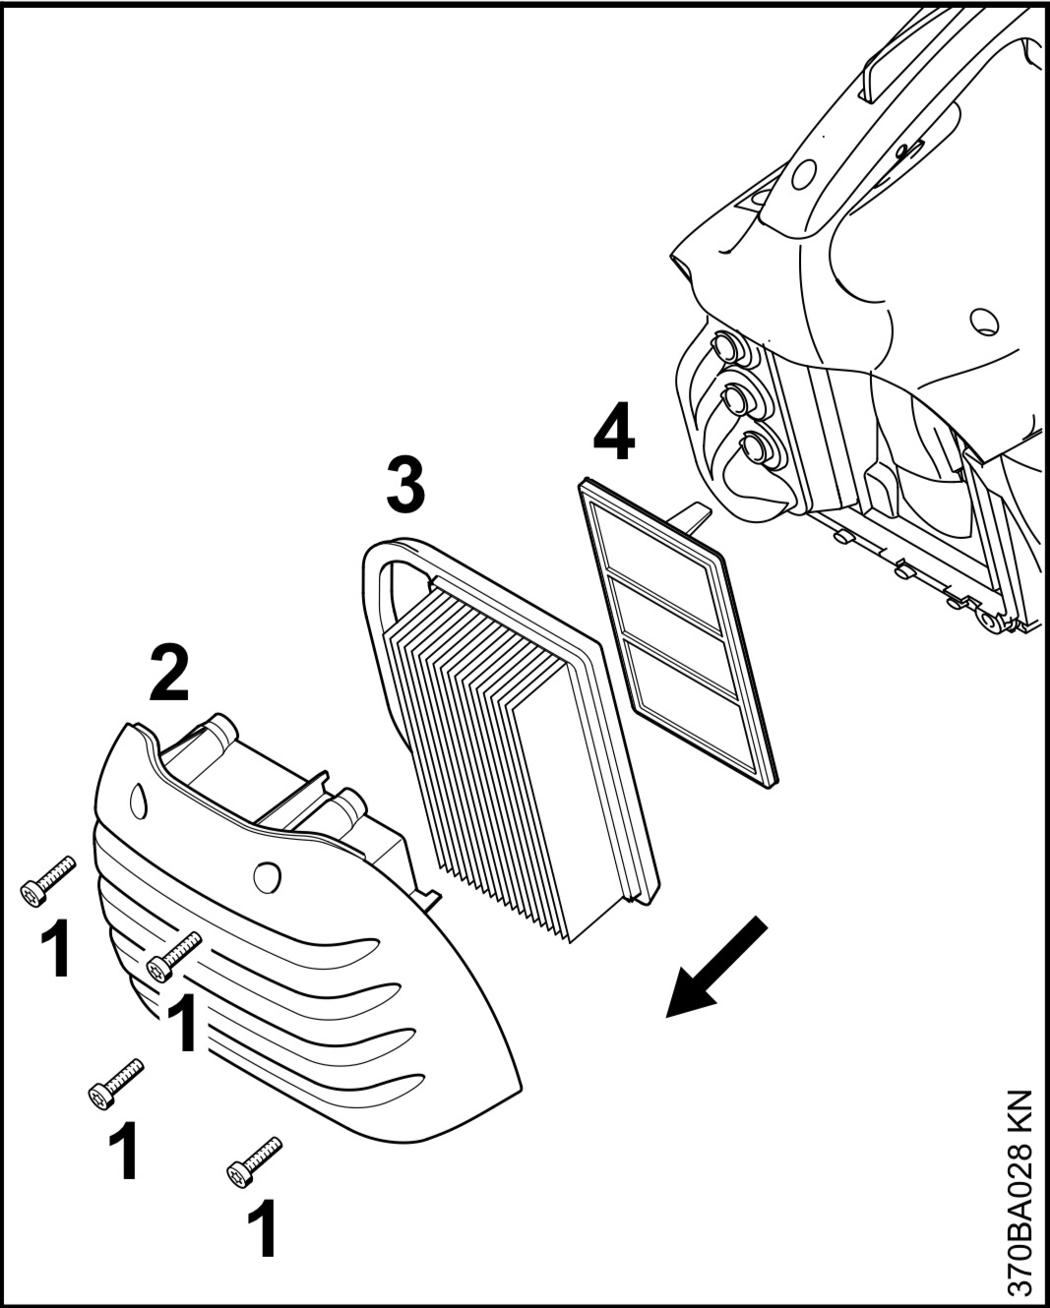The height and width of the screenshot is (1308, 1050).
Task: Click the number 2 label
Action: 170,673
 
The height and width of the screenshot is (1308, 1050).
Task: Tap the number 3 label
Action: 404,483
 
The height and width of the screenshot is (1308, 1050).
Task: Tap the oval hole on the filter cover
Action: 138,799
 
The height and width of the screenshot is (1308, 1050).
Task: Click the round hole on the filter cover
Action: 266,874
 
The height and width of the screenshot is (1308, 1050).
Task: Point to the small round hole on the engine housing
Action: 981,320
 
